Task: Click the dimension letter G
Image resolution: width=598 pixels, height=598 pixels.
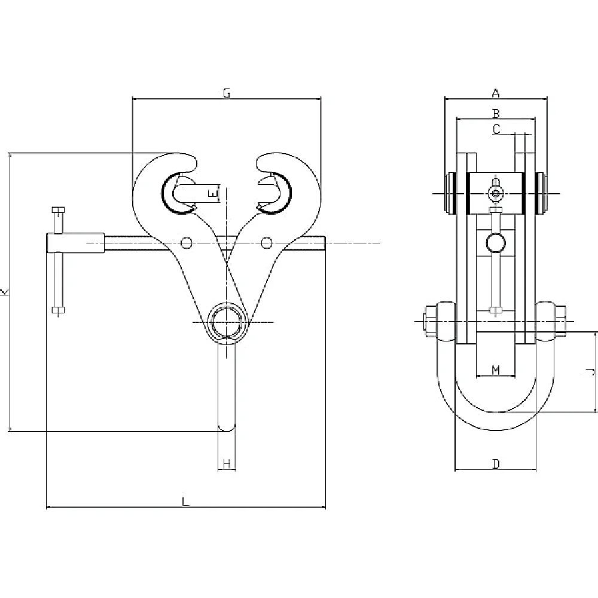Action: click(x=227, y=93)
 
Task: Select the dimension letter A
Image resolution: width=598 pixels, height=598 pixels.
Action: click(x=495, y=93)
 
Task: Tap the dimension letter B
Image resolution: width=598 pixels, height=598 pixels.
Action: click(x=496, y=114)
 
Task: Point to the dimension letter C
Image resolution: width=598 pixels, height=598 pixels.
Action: click(x=496, y=129)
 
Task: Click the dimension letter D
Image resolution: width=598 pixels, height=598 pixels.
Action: click(x=496, y=464)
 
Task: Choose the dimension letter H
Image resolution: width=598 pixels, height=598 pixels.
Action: click(x=227, y=464)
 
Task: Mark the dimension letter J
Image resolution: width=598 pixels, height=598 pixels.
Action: click(x=590, y=371)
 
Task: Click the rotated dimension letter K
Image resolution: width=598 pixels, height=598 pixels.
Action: click(x=5, y=292)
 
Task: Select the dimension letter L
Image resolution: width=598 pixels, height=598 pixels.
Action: click(x=185, y=502)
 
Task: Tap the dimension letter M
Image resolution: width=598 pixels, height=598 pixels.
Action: click(x=495, y=370)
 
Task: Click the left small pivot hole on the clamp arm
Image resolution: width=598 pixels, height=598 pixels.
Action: click(x=187, y=243)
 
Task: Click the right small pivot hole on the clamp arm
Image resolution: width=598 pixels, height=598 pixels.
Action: click(x=267, y=243)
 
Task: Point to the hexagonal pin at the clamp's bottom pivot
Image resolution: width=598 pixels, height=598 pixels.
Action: click(x=227, y=322)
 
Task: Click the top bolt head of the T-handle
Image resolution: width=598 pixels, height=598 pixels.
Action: click(x=58, y=210)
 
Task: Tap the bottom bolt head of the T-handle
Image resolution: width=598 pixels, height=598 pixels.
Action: click(x=58, y=310)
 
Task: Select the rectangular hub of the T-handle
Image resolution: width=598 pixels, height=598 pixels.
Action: click(x=75, y=243)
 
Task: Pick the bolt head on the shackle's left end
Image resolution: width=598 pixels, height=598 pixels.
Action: click(x=430, y=321)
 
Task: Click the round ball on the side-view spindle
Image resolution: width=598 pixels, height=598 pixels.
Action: click(x=496, y=243)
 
